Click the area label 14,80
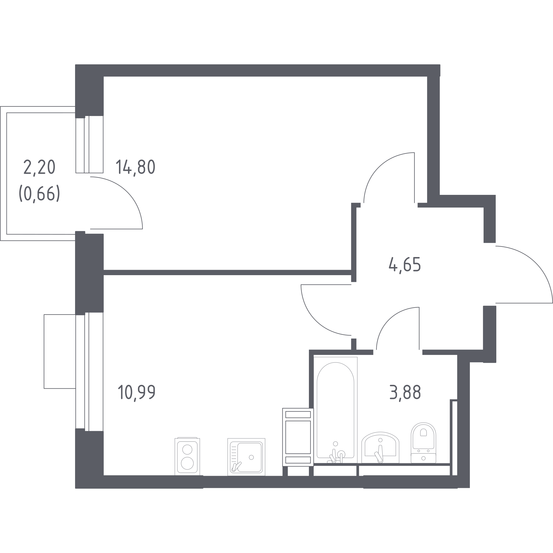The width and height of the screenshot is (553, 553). point(136,168)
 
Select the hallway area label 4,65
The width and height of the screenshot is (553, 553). point(405,265)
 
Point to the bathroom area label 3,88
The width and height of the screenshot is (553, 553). point(405,393)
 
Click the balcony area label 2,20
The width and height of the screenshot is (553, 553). point(39,168)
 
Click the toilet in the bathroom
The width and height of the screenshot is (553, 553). point(423,443)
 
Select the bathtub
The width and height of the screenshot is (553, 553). point(335,410)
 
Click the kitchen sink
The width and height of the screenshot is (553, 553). point(246,457)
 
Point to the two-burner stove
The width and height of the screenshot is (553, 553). point(187,457)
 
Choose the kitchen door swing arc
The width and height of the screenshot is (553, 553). point(315,321)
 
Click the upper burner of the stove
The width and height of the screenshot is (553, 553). point(187,449)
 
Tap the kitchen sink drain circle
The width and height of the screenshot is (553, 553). point(251,457)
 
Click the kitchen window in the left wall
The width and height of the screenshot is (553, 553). point(89,372)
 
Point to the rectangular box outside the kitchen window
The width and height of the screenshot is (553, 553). point(59,351)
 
